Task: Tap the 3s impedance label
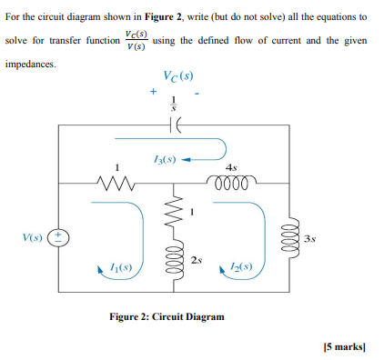310,239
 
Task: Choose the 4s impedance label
233,165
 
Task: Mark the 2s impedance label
196,261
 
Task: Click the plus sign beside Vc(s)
153,92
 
